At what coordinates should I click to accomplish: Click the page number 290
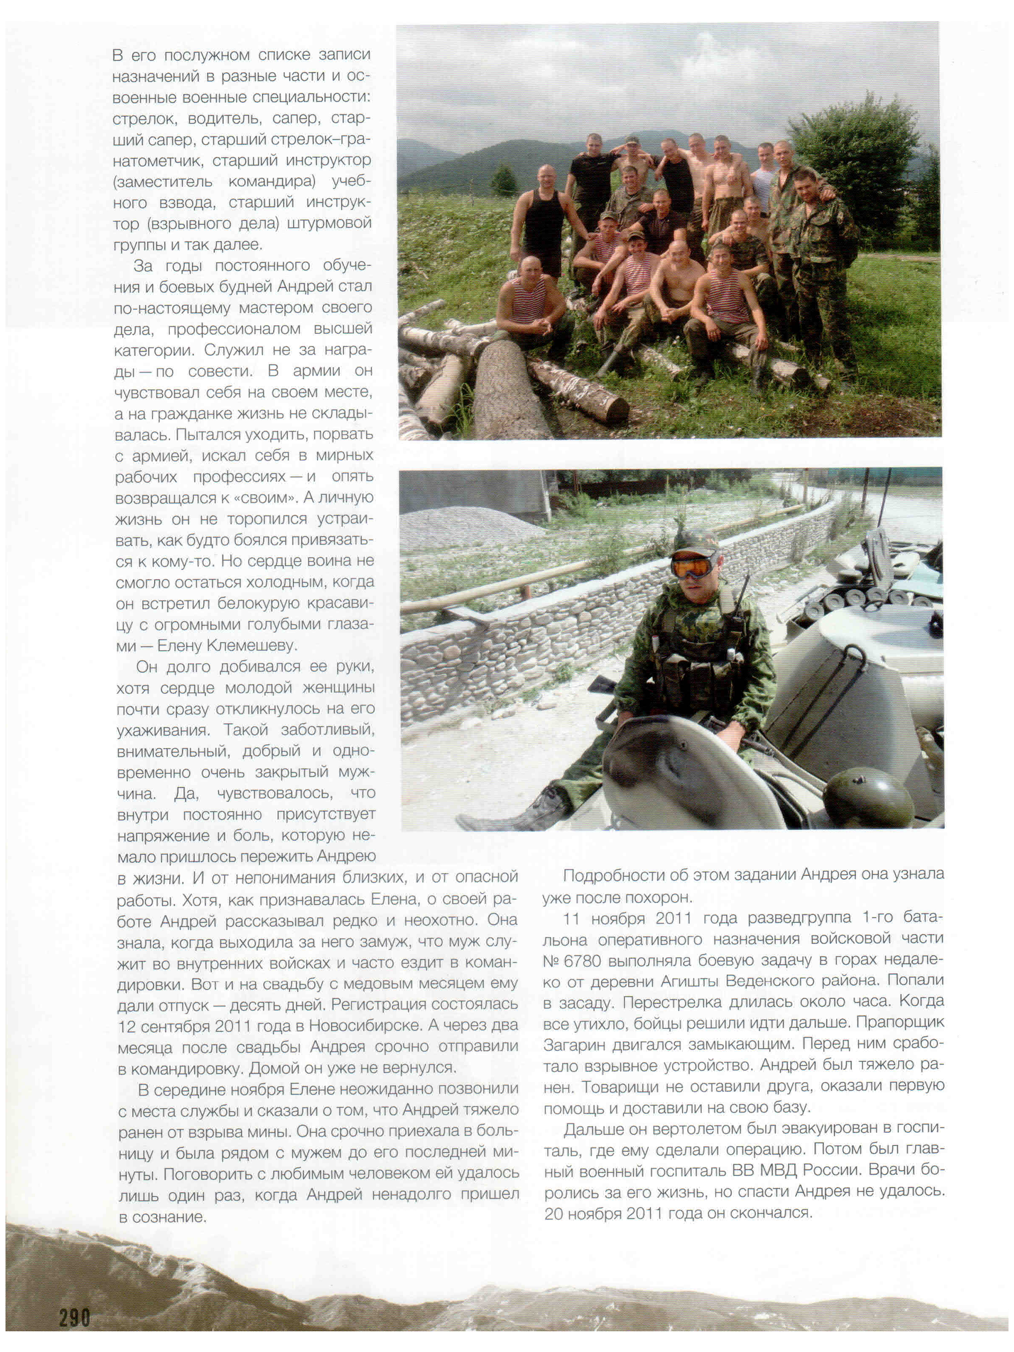(x=74, y=1317)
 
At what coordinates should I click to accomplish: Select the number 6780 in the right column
(x=582, y=961)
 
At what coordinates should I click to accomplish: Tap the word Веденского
(x=776, y=981)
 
